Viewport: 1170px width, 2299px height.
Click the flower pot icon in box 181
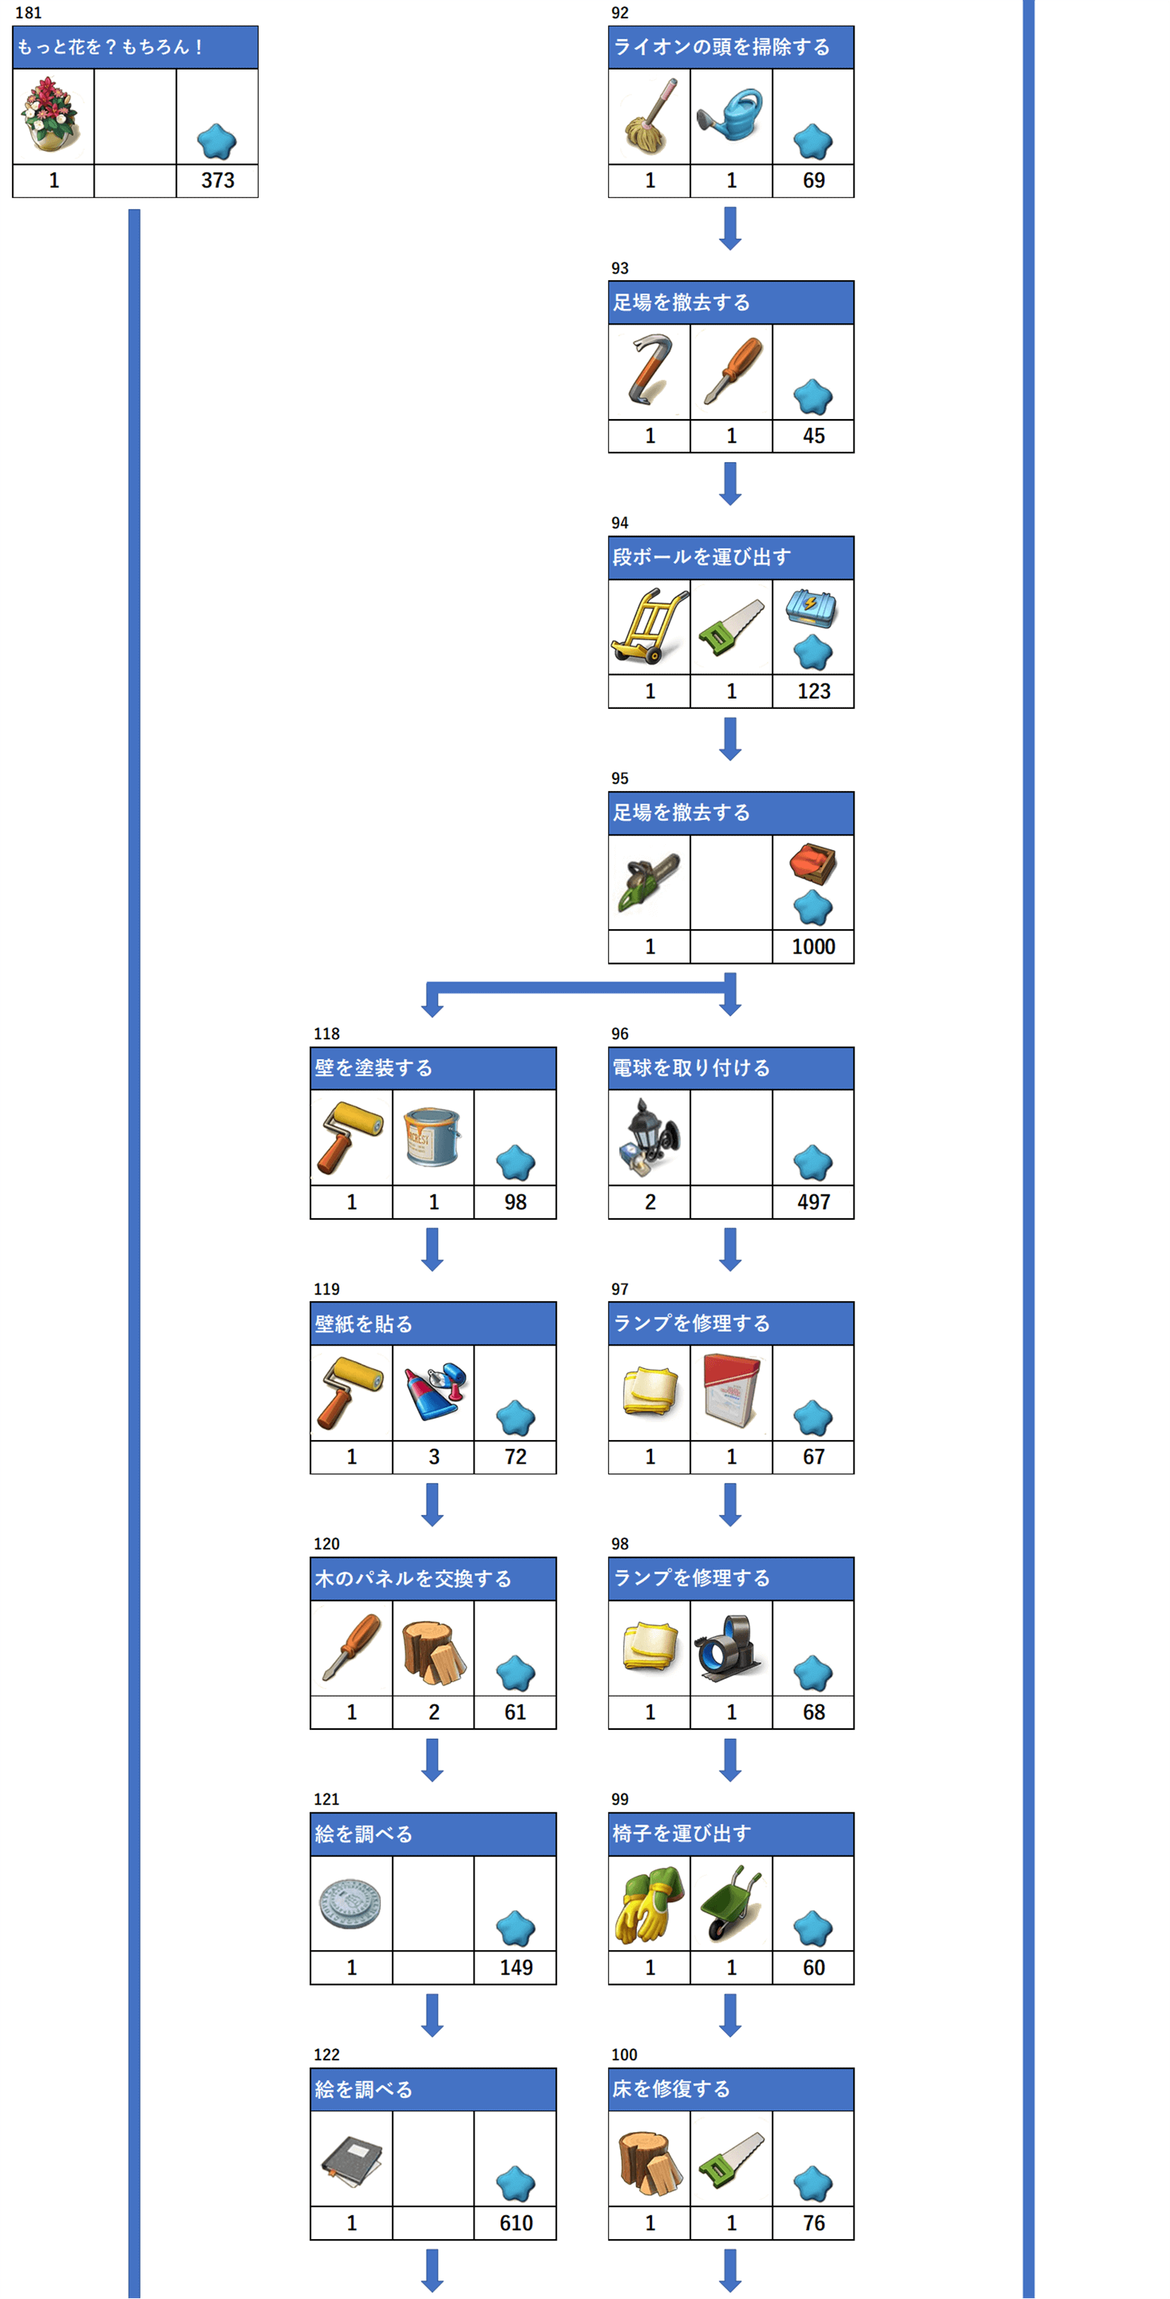[x=52, y=115]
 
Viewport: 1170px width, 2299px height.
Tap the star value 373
[x=218, y=180]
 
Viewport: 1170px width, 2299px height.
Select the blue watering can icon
[x=731, y=115]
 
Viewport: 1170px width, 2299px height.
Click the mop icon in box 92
[x=649, y=116]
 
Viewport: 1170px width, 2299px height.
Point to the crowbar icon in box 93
[x=649, y=370]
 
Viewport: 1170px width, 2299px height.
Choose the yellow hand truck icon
[x=649, y=625]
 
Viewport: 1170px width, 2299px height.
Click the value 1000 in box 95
[x=813, y=947]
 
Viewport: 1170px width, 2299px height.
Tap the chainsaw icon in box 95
[x=649, y=882]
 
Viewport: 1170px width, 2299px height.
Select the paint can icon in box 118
[x=433, y=1136]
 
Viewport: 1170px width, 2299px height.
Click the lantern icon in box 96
[x=649, y=1132]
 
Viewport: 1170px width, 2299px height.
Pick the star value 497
[x=813, y=1202]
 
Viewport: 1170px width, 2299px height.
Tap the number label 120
[x=327, y=1544]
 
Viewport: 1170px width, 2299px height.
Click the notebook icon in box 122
[x=352, y=2158]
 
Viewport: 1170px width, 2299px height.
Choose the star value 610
[x=516, y=2223]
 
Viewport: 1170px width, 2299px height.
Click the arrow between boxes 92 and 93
[x=730, y=228]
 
